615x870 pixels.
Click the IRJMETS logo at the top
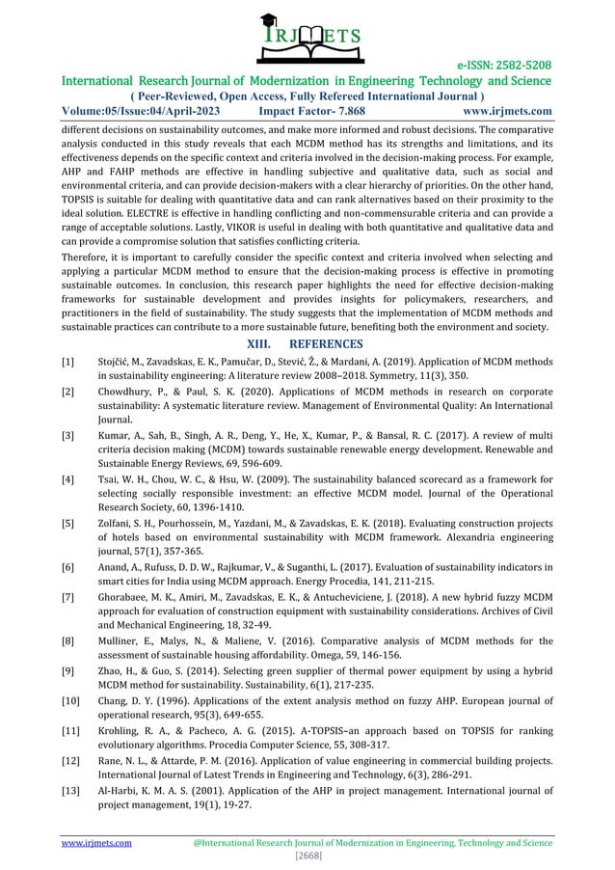coord(307,37)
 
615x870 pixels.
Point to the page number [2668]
coord(307,856)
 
